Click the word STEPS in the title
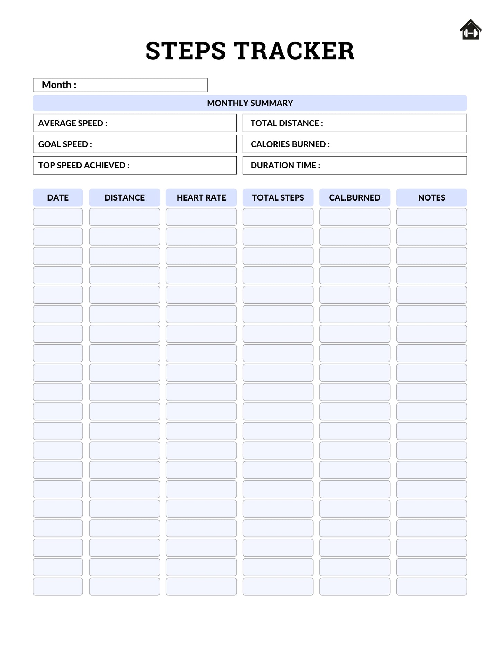[185, 51]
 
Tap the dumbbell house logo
[470, 30]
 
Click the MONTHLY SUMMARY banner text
[250, 103]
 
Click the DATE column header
[58, 198]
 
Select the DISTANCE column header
[125, 198]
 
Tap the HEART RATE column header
[201, 198]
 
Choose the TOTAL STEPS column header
[278, 198]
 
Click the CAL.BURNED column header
[355, 198]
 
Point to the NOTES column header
[431, 198]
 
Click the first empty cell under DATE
[58, 217]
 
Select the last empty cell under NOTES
[431, 587]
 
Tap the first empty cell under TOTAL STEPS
[278, 217]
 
